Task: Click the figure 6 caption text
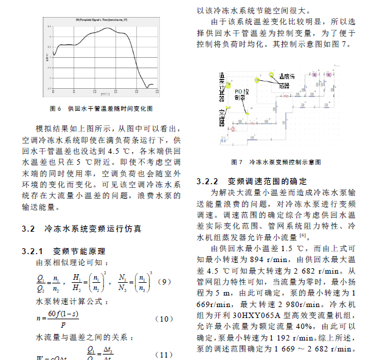click(x=101, y=108)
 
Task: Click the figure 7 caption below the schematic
click(x=285, y=162)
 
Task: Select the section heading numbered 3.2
click(x=82, y=229)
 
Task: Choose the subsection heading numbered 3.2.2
click(x=251, y=182)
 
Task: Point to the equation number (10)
click(x=165, y=319)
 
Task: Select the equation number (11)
click(x=165, y=354)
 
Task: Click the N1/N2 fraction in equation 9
click(x=124, y=282)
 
